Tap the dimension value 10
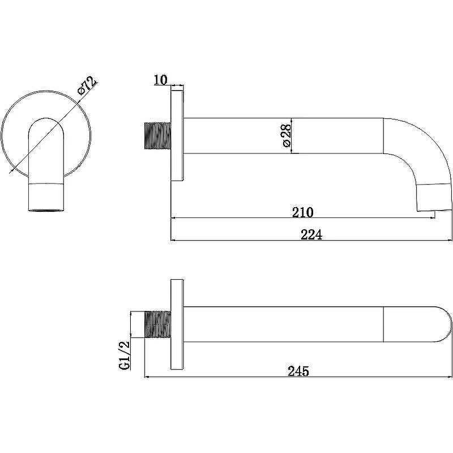click(161, 80)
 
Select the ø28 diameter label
click(287, 135)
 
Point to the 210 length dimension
click(302, 212)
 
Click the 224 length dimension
click(311, 234)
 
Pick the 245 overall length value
click(298, 371)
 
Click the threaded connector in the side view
click(157, 136)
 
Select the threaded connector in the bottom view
click(157, 324)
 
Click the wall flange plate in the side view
click(177, 136)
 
